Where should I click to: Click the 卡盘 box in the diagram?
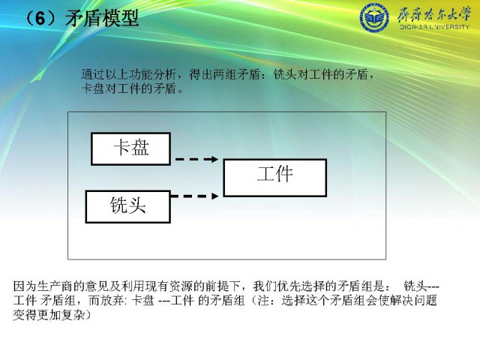130,148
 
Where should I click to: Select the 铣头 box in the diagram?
128,207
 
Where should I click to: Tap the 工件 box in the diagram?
275,178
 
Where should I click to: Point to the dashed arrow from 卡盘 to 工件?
196,159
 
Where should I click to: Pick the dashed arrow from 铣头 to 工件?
195,196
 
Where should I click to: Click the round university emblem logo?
374,17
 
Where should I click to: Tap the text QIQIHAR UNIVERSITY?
434,27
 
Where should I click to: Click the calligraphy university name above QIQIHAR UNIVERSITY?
433,14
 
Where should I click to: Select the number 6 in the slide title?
40,18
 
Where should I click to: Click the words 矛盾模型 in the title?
102,18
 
